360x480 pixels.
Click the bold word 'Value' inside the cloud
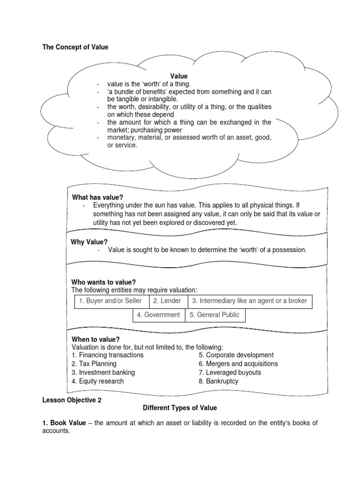[179, 76]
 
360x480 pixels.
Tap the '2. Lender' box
[168, 301]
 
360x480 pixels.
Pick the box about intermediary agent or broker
[250, 301]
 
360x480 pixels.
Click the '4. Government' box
[159, 315]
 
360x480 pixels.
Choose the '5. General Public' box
[215, 315]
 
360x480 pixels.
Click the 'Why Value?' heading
[90, 242]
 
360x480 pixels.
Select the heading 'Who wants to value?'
[103, 282]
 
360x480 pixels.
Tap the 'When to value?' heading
[95, 339]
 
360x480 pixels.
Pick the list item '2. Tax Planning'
[94, 364]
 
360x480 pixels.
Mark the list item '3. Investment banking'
[103, 373]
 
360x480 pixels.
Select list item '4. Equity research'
[97, 382]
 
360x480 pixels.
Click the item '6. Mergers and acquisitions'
[238, 364]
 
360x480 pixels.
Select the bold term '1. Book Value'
[64, 423]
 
